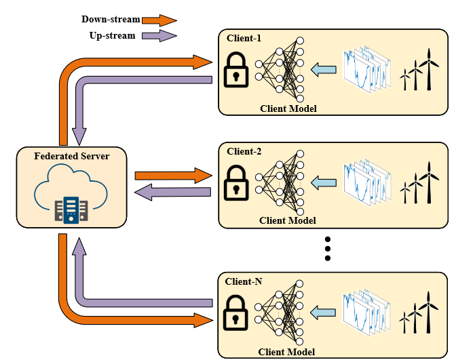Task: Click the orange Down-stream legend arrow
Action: point(160,20)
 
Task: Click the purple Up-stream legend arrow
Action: point(160,35)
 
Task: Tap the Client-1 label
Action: point(244,38)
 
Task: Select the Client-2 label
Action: point(244,151)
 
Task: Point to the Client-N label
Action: point(245,280)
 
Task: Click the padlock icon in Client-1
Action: point(236,70)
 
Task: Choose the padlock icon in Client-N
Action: point(236,311)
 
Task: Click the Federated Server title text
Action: point(71,156)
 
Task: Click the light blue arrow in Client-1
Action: point(323,69)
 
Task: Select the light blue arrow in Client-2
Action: point(323,182)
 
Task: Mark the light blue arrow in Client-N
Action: point(323,312)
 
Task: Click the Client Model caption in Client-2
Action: point(288,220)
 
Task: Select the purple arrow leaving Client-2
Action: point(173,192)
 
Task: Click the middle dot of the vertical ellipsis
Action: point(328,249)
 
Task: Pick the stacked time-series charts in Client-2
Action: point(367,182)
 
